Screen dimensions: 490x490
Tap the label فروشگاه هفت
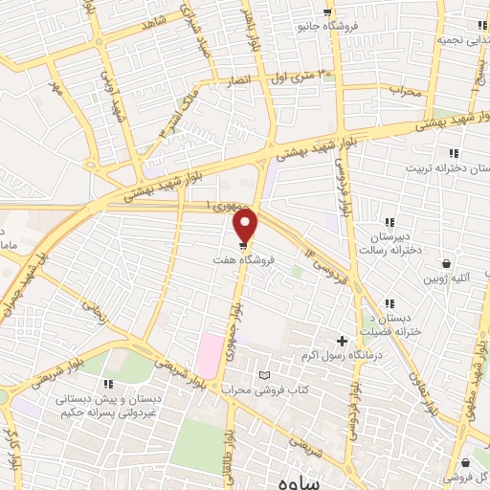pyautogui.click(x=241, y=259)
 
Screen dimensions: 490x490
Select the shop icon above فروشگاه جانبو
pyautogui.click(x=328, y=11)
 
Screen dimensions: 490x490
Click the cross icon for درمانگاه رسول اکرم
pyautogui.click(x=342, y=340)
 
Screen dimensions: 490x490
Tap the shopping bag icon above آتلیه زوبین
pyautogui.click(x=446, y=263)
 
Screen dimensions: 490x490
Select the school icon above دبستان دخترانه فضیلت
pyautogui.click(x=387, y=303)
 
